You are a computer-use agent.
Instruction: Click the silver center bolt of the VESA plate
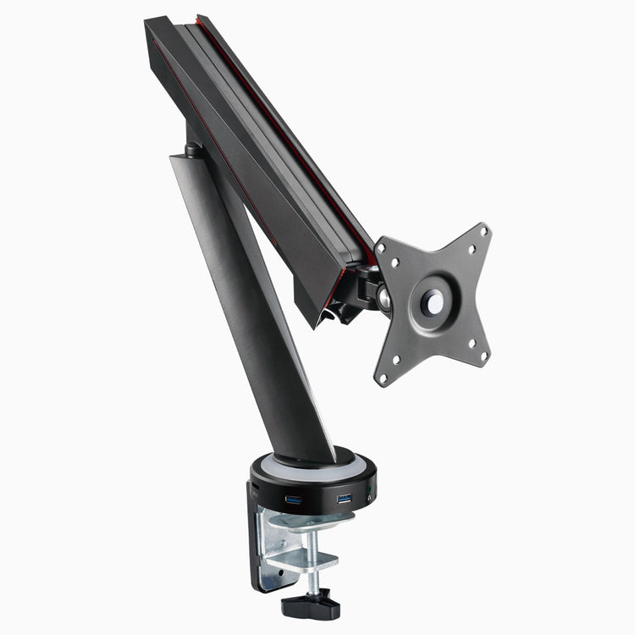point(433,301)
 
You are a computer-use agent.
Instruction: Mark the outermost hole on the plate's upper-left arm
point(380,246)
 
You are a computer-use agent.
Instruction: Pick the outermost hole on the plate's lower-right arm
point(483,356)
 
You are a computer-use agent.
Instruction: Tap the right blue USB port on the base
point(344,498)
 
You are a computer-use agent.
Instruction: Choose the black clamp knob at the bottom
point(311,605)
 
